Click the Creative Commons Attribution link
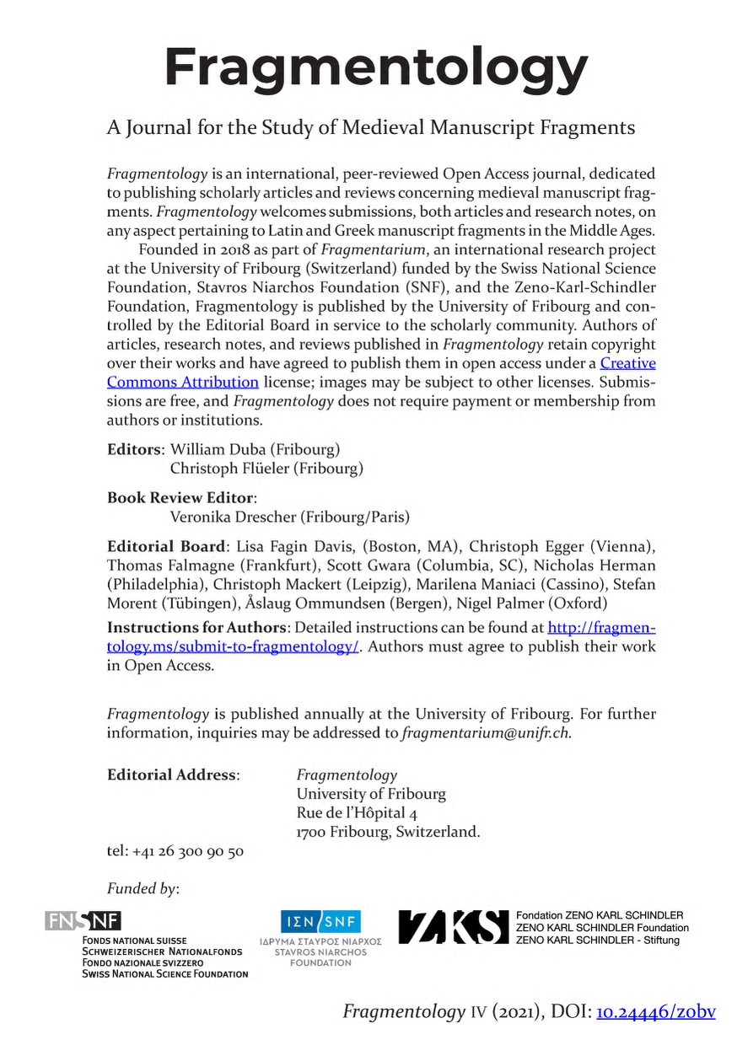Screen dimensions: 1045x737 [x=627, y=363]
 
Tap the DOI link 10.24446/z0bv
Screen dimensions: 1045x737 [x=655, y=1011]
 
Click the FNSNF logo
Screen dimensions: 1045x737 [x=84, y=921]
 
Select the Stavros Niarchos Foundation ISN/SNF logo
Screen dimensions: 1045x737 [x=320, y=921]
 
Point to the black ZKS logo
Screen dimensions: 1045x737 [x=453, y=927]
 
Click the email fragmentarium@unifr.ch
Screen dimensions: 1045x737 [x=487, y=732]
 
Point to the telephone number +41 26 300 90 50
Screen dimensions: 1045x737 [x=187, y=850]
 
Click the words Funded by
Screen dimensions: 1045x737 [x=143, y=887]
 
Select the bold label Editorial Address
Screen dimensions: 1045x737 [x=173, y=774]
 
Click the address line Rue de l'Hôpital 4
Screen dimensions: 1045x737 [x=357, y=813]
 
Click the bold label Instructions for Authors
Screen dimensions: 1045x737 [x=196, y=628]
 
